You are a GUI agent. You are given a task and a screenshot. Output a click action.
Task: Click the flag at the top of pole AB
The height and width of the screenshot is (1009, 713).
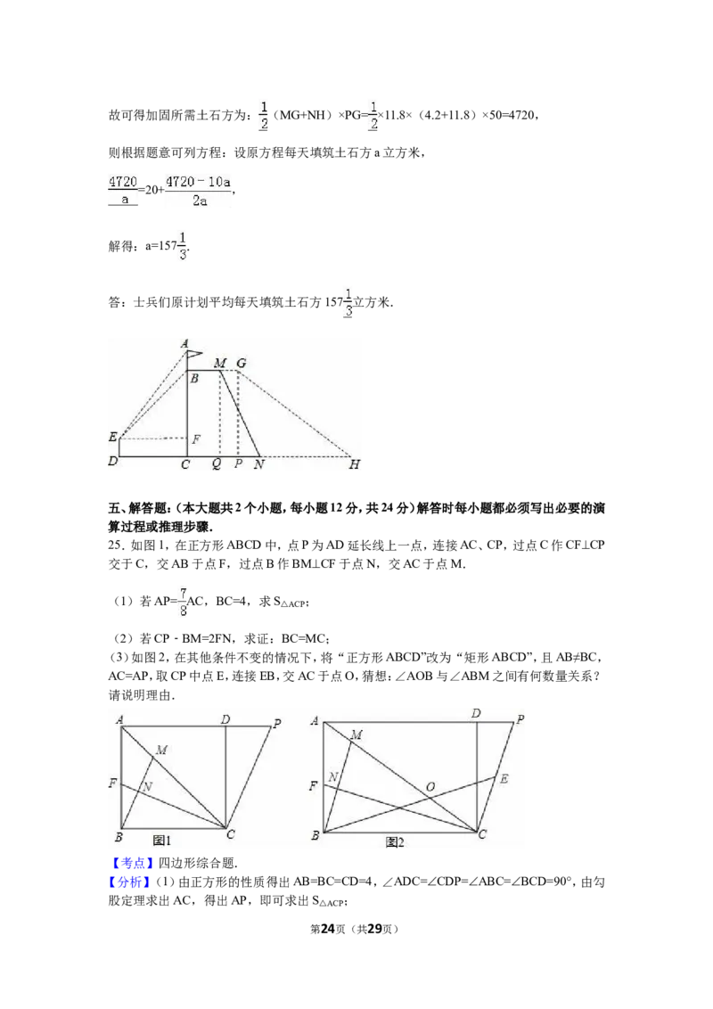pos(194,353)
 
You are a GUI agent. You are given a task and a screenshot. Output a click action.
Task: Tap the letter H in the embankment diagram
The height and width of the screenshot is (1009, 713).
pos(355,464)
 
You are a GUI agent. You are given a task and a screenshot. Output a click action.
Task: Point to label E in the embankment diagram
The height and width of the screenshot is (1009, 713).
pos(113,437)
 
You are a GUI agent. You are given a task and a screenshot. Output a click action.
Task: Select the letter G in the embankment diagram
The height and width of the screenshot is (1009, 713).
pos(241,363)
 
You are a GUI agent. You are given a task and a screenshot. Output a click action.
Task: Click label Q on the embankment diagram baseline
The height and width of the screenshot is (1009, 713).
pos(217,464)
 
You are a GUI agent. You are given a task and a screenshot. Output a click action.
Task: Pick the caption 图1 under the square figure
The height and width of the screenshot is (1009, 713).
pos(162,840)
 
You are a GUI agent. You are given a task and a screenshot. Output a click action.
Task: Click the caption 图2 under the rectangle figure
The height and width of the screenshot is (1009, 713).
pos(395,841)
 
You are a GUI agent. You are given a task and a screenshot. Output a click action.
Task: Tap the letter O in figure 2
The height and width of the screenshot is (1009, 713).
pos(430,786)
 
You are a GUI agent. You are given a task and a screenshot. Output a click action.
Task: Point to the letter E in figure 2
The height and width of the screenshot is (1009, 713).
pos(504,779)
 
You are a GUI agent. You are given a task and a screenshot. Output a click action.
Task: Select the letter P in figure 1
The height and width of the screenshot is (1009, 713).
pos(277,723)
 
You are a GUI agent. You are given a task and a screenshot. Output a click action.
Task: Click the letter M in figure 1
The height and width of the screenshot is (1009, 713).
pos(161,750)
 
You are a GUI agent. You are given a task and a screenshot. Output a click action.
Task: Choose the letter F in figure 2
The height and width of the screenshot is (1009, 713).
pos(314,785)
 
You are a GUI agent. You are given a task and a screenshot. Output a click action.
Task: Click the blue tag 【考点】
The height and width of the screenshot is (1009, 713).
pos(133,863)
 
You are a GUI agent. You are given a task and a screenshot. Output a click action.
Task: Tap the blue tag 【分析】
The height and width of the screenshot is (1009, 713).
pos(133,882)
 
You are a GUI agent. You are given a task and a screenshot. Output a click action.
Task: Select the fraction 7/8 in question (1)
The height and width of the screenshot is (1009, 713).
pos(183,602)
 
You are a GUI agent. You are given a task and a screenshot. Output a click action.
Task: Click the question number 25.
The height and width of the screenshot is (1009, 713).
pos(115,545)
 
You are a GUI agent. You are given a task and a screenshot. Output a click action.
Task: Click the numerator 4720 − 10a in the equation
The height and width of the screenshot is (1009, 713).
pos(198,182)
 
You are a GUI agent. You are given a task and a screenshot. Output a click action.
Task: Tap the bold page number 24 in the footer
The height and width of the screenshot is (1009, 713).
pos(328,929)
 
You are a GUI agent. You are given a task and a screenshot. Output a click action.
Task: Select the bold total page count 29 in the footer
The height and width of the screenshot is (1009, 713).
pos(375,929)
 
